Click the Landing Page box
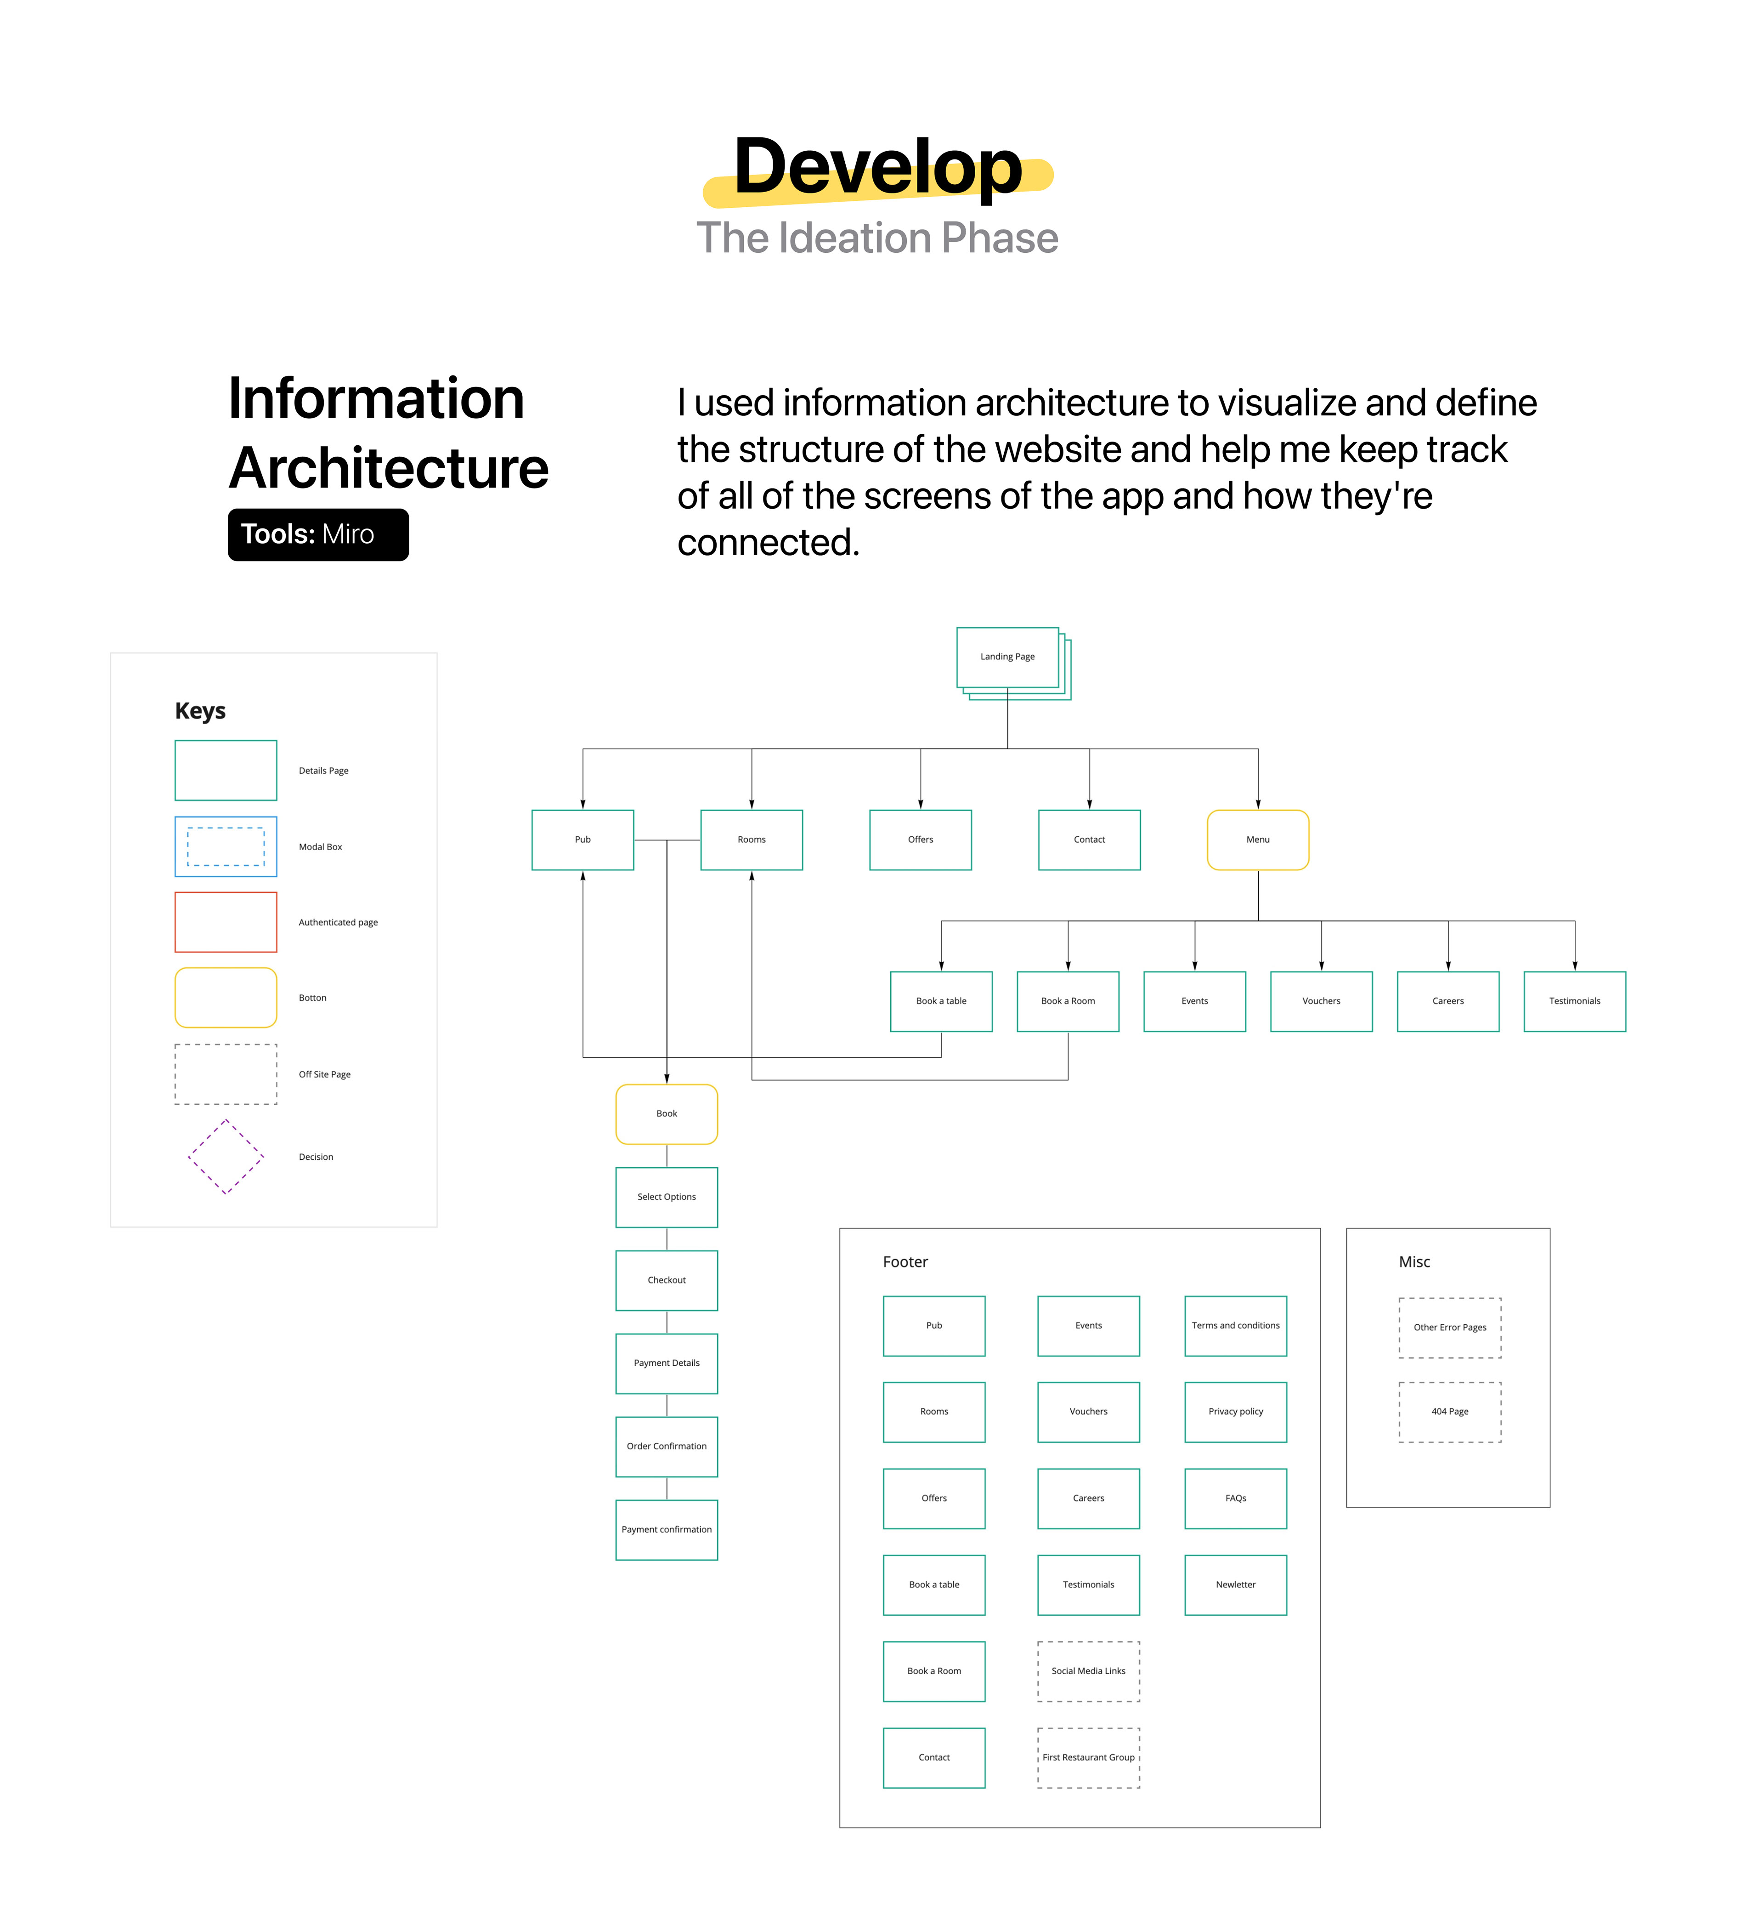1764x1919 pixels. click(x=1007, y=657)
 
